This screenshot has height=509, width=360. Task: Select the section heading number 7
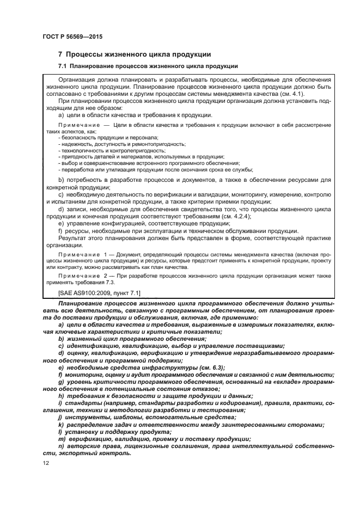pyautogui.click(x=60, y=54)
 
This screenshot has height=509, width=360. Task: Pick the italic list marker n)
pyautogui.click(x=60, y=446)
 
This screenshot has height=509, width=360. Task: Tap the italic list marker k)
pyautogui.click(x=60, y=424)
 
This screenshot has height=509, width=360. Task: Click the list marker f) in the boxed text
pyautogui.click(x=60, y=230)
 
